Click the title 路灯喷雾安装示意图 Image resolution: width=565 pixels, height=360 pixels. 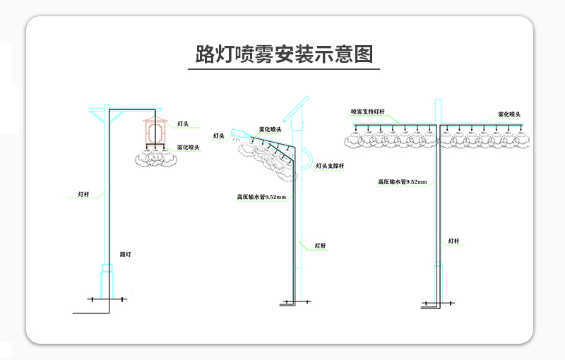284,54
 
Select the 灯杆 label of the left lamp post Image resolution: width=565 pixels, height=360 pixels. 83,193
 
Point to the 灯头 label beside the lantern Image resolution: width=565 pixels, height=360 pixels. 183,124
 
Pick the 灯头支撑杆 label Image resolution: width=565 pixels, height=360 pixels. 329,166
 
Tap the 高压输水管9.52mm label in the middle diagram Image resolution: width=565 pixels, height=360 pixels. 261,197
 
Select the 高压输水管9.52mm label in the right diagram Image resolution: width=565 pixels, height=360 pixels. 402,182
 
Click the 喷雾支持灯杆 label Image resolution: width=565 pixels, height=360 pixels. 367,112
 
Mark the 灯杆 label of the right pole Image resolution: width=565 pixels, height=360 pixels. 453,241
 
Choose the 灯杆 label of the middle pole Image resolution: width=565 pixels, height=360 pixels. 320,246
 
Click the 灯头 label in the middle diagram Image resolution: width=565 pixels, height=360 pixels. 219,136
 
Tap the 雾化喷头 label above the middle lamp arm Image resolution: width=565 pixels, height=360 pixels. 270,129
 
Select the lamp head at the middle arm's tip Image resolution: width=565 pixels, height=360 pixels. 238,134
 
